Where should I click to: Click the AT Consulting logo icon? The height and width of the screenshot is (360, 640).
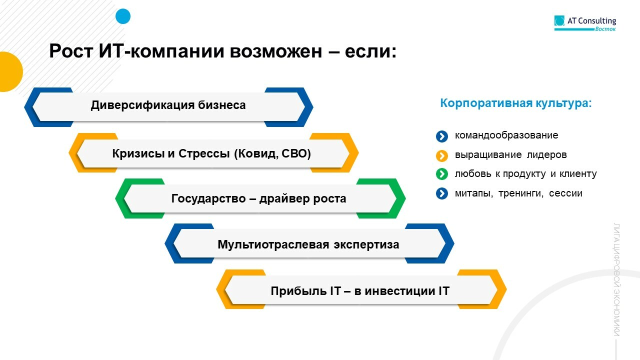pyautogui.click(x=559, y=21)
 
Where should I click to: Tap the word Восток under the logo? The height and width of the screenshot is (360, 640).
pyautogui.click(x=605, y=29)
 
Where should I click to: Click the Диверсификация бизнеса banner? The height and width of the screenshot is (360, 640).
pyautogui.click(x=168, y=105)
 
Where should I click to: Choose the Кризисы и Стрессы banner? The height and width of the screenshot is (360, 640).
pyautogui.click(x=213, y=153)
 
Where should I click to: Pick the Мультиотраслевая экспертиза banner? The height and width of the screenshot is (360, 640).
pyautogui.click(x=308, y=244)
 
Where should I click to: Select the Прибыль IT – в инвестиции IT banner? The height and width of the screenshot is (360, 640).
pyautogui.click(x=360, y=290)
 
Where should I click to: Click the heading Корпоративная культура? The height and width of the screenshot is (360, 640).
pyautogui.click(x=516, y=103)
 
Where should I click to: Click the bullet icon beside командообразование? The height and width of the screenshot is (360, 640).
pyautogui.click(x=441, y=136)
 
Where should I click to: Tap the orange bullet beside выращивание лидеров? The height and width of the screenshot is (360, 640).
pyautogui.click(x=441, y=155)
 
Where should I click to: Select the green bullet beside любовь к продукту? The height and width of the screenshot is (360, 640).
pyautogui.click(x=441, y=174)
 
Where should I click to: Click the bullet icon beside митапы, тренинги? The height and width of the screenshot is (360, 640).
pyautogui.click(x=441, y=193)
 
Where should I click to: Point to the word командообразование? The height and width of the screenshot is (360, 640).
pyautogui.click(x=506, y=135)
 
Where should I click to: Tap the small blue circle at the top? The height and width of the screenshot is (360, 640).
pyautogui.click(x=123, y=16)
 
